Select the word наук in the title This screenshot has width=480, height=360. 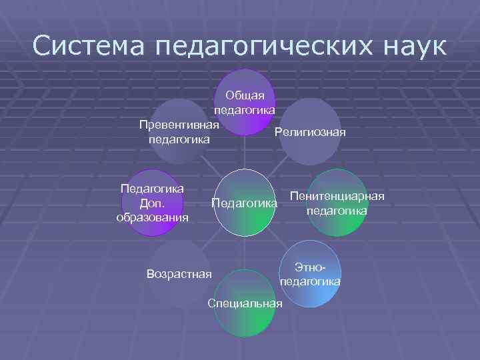point(414,46)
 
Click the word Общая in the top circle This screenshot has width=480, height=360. point(245,95)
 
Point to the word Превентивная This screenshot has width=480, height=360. point(179,125)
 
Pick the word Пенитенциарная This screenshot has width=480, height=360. point(337,197)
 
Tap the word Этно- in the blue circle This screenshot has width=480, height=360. point(311,267)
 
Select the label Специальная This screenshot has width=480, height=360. point(245,304)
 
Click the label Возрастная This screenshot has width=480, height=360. point(178,273)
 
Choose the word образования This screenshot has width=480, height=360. point(152,217)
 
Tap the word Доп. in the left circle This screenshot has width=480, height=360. point(152,203)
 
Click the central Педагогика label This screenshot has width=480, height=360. point(243,202)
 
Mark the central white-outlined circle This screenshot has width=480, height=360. point(247,202)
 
